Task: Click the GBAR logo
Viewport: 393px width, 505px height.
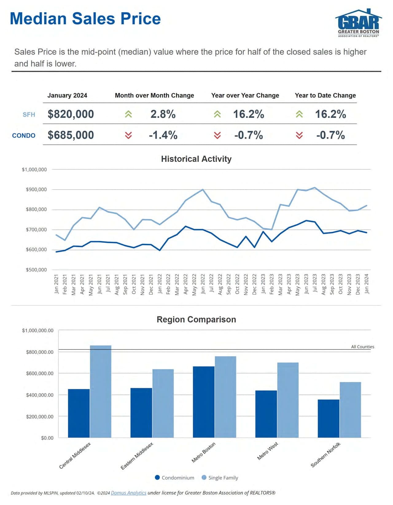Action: point(358,23)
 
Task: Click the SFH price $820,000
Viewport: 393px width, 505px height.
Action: point(71,114)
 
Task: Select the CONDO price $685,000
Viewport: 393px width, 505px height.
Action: point(71,135)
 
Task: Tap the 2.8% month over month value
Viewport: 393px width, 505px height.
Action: point(163,114)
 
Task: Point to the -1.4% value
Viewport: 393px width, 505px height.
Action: point(163,135)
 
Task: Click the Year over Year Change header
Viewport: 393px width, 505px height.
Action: point(245,96)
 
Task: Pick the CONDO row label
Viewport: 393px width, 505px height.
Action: point(24,135)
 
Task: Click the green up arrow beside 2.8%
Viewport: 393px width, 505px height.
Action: point(128,114)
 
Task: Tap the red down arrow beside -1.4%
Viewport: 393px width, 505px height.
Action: point(128,135)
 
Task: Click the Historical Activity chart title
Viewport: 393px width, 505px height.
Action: point(196,159)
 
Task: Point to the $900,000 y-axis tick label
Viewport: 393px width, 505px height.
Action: point(36,190)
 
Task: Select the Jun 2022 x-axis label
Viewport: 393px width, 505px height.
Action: point(203,284)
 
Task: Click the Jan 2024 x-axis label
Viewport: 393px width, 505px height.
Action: point(367,284)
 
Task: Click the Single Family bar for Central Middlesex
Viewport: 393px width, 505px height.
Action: point(100,391)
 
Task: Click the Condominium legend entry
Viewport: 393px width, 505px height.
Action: point(174,478)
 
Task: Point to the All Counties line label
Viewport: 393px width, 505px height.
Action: point(363,347)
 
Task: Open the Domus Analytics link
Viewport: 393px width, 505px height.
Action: point(128,493)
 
